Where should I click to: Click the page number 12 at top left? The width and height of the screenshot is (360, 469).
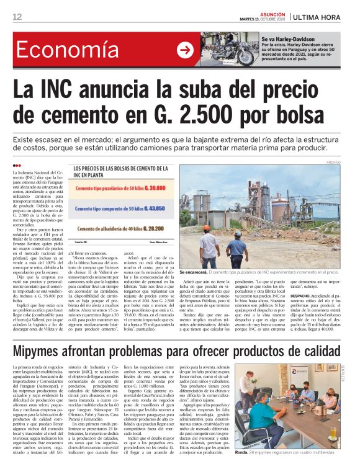click(x=17, y=17)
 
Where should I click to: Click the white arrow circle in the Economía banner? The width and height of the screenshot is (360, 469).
click(x=185, y=50)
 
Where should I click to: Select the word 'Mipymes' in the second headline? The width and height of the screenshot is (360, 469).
click(x=47, y=352)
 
